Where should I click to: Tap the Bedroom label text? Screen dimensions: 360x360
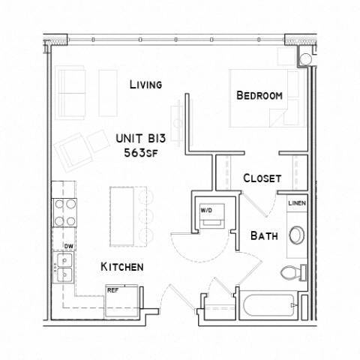click(259, 95)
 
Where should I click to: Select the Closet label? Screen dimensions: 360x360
click(262, 178)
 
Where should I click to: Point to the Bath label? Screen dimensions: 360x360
click(265, 235)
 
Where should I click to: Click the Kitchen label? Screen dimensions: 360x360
click(122, 267)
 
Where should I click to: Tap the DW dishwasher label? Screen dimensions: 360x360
click(67, 245)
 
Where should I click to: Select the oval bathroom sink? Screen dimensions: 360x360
click(295, 235)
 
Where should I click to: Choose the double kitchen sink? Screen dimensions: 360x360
click(64, 265)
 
